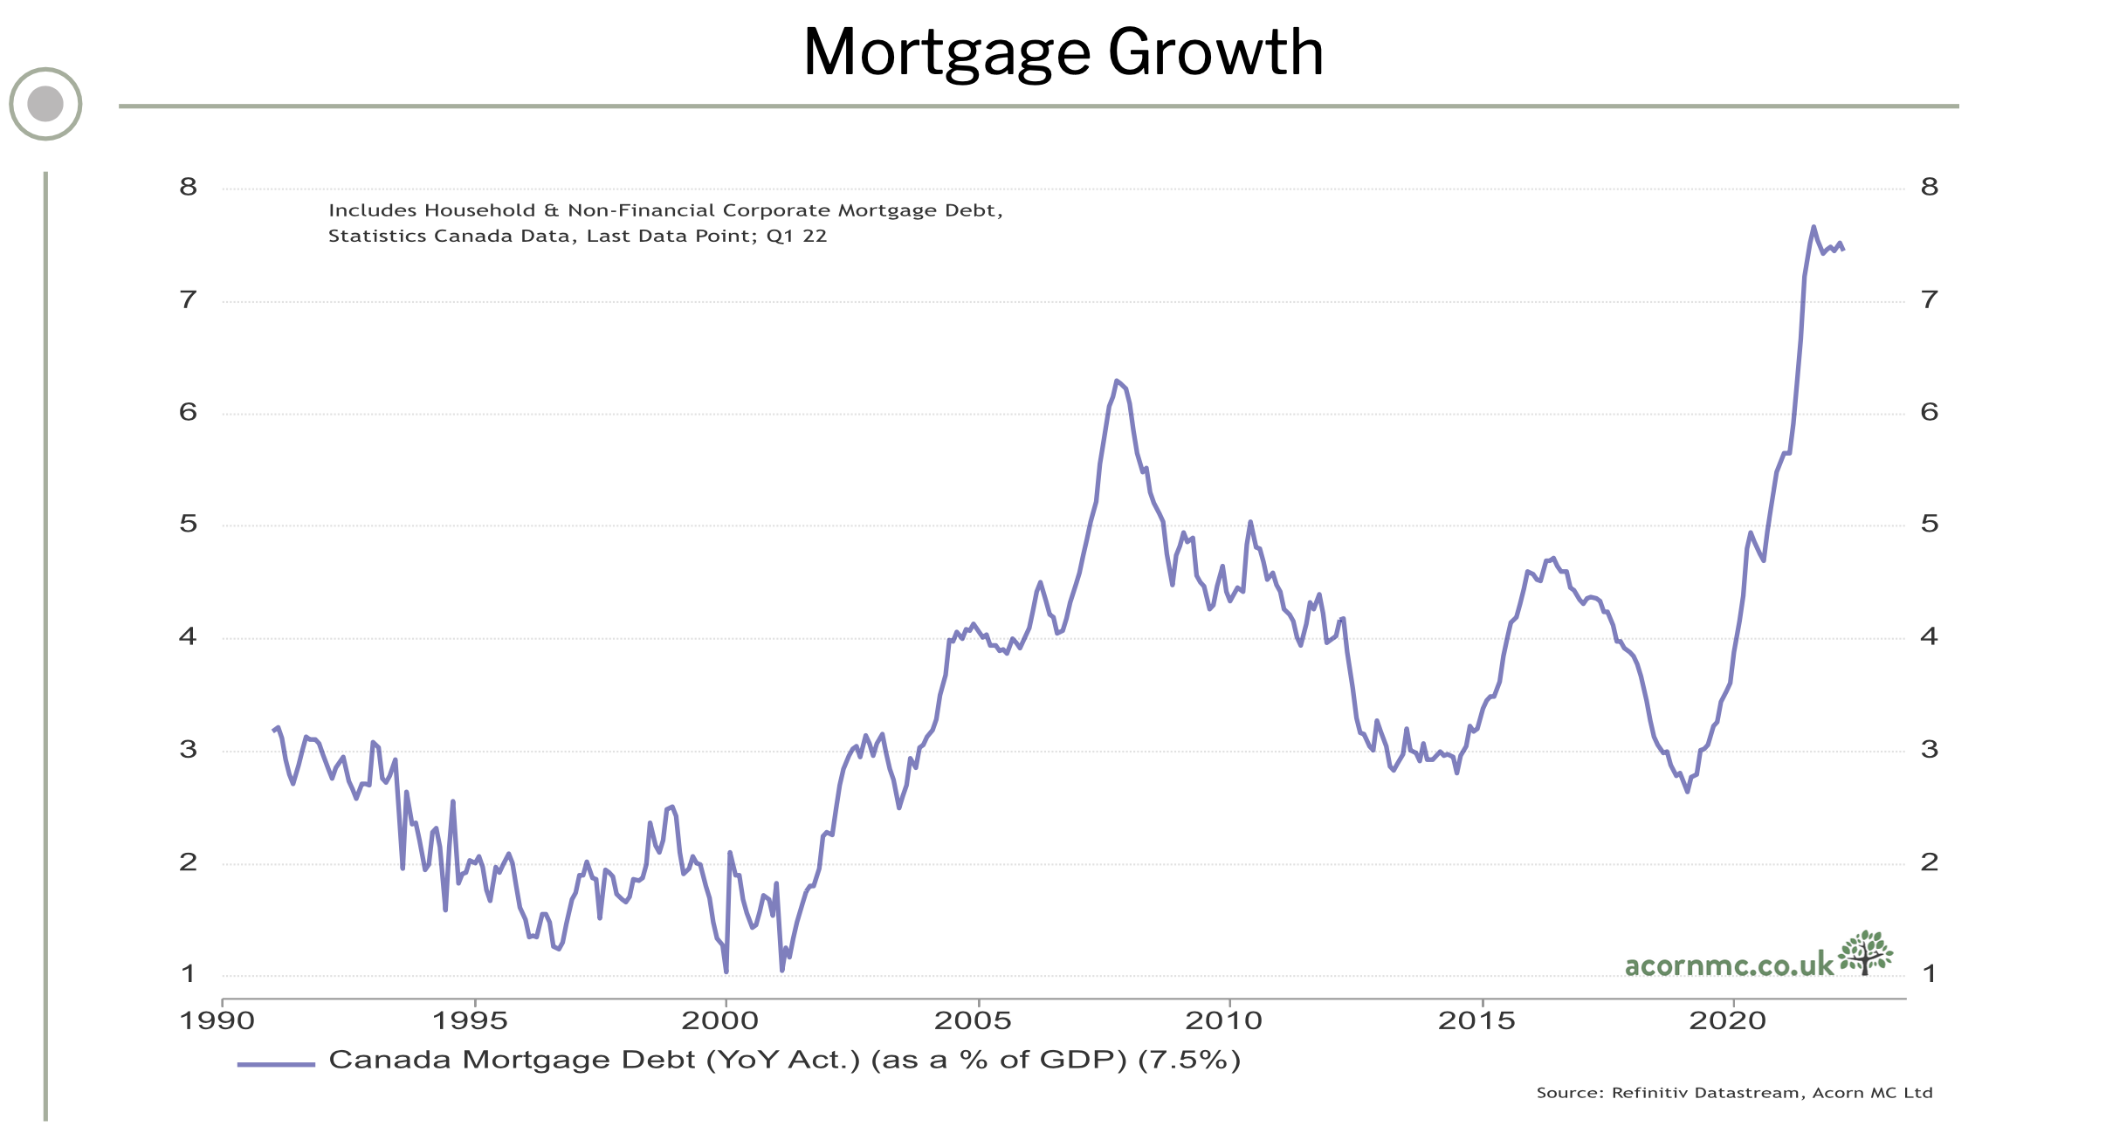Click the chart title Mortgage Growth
pyautogui.click(x=1063, y=52)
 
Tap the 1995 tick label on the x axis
pyautogui.click(x=475, y=1020)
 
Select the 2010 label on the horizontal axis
pyautogui.click(x=1229, y=1020)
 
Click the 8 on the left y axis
pyautogui.click(x=189, y=187)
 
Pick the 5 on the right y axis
pyautogui.click(x=1930, y=524)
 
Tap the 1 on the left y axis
pyautogui.click(x=189, y=973)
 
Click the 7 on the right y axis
pyautogui.click(x=1930, y=300)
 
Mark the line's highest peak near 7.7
pyautogui.click(x=1813, y=227)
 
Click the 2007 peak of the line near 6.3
pyautogui.click(x=1117, y=381)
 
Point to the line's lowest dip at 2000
pyautogui.click(x=726, y=971)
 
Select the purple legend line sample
pyautogui.click(x=276, y=1064)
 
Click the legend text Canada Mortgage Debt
pyautogui.click(x=512, y=1060)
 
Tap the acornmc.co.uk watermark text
pyautogui.click(x=1729, y=965)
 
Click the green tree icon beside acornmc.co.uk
pyautogui.click(x=1865, y=952)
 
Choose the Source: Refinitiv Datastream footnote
pyautogui.click(x=1734, y=1093)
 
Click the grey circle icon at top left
pyautogui.click(x=45, y=104)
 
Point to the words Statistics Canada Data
pyautogui.click(x=449, y=236)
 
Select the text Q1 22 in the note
pyautogui.click(x=796, y=236)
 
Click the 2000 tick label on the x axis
pyautogui.click(x=726, y=1020)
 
